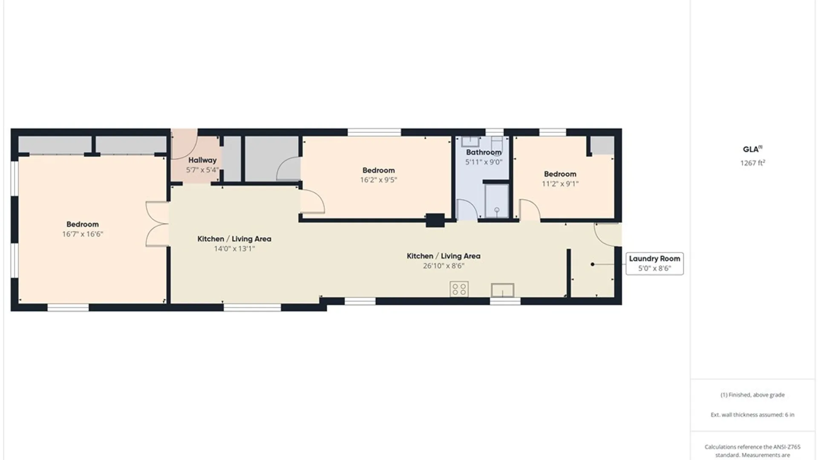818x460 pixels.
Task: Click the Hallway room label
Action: click(202, 160)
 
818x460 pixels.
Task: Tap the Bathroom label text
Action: click(484, 152)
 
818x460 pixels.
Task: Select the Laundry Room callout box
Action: click(654, 263)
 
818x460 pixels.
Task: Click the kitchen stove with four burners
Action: click(459, 289)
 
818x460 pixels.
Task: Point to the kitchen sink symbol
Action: click(503, 290)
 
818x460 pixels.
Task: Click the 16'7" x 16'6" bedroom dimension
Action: click(83, 234)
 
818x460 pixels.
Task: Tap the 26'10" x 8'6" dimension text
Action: click(444, 266)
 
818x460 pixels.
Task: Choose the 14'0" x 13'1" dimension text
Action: click(234, 249)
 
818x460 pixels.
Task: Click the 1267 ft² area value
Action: click(753, 163)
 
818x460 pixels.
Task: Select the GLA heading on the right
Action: click(752, 149)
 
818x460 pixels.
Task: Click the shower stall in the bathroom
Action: click(497, 201)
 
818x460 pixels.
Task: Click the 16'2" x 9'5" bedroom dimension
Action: click(378, 180)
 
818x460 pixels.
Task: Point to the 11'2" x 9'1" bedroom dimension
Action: click(560, 184)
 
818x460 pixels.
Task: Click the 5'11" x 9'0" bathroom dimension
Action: click(484, 162)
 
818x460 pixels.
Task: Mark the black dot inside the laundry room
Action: click(592, 264)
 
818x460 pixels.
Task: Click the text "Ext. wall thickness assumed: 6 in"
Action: click(752, 414)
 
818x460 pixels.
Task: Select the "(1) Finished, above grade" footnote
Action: click(752, 395)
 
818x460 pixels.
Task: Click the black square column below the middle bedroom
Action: click(435, 220)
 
